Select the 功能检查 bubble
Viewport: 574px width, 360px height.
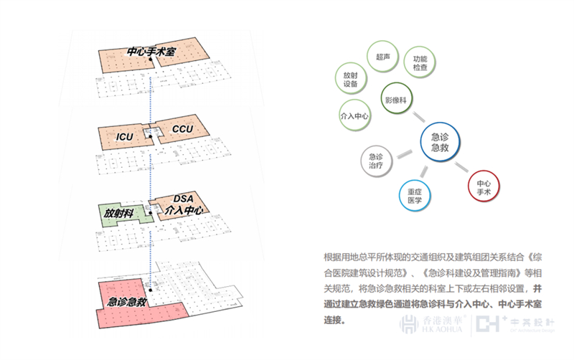(x=420, y=62)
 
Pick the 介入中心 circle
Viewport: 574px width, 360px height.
(x=354, y=115)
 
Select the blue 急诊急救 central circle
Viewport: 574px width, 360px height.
(x=440, y=141)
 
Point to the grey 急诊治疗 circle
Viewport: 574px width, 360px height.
(x=375, y=161)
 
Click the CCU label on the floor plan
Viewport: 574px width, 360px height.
(x=182, y=129)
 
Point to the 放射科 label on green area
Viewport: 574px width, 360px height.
(x=119, y=213)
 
